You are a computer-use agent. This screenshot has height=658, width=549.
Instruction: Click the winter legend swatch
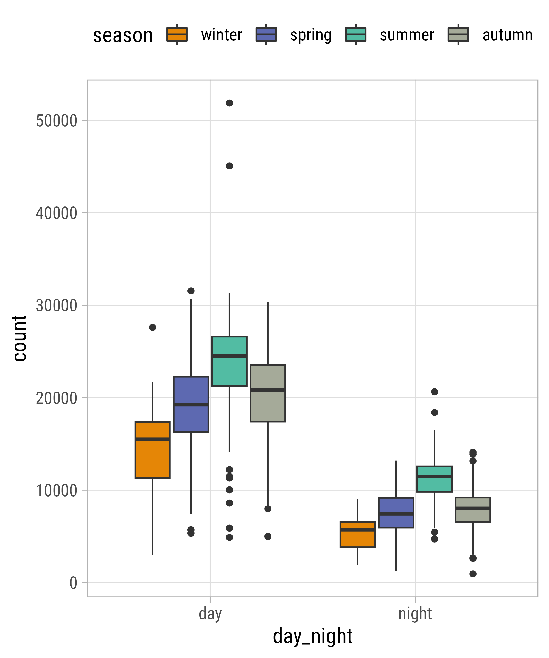[177, 35]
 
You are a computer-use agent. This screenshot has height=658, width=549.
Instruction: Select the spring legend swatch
[266, 35]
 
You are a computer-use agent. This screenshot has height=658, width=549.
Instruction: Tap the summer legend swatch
[355, 35]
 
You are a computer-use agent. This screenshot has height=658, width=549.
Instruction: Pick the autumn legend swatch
[458, 35]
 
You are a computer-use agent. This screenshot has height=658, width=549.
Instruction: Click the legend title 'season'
[123, 35]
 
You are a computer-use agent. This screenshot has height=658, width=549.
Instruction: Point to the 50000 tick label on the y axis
[57, 121]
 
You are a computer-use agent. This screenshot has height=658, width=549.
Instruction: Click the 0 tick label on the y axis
[73, 583]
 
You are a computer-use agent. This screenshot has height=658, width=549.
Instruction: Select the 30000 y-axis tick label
[57, 305]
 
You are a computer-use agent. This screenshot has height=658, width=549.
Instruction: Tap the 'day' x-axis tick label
[210, 614]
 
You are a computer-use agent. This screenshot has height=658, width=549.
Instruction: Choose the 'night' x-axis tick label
[415, 614]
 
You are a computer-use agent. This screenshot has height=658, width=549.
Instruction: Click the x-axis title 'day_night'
[312, 636]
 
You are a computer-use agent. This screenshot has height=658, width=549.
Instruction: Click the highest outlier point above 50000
[229, 103]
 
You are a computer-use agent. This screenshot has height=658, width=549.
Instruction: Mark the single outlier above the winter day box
[152, 327]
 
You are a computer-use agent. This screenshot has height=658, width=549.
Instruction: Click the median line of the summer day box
[229, 356]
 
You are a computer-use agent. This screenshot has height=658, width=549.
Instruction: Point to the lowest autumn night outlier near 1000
[473, 574]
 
